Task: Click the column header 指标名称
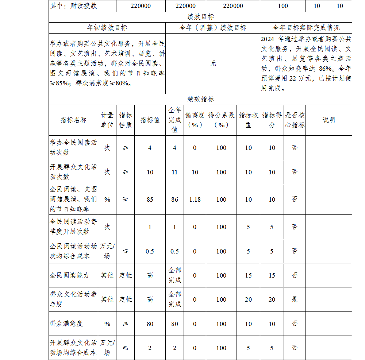coord(73,120)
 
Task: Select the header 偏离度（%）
coord(195,120)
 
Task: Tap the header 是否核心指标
coord(295,120)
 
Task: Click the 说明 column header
coord(328,120)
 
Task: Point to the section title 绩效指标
coord(200,99)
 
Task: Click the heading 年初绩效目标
coord(107,28)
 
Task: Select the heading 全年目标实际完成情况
coord(306,28)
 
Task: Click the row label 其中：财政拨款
coord(74,6)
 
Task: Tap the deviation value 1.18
coord(195,200)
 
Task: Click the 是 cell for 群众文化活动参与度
coord(295,299)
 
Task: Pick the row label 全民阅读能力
coord(69,275)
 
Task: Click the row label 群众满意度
coord(66,324)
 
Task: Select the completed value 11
coord(174,172)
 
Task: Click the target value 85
coord(150,200)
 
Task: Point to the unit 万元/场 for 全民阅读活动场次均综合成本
coord(107,251)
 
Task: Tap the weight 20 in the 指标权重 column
coord(248,299)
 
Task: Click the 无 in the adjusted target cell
coord(212,63)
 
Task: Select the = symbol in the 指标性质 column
coord(126,227)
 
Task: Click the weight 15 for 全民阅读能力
coord(248,275)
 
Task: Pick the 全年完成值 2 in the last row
coord(174,348)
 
